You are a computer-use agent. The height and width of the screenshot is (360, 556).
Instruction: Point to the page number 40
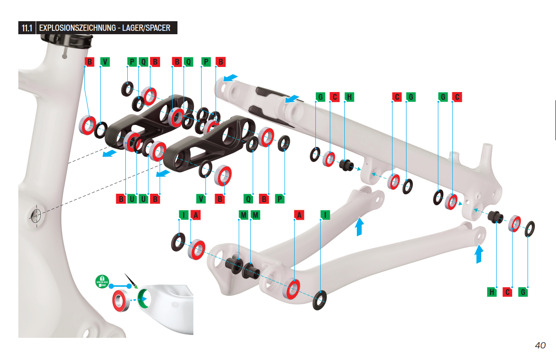[x=540, y=345]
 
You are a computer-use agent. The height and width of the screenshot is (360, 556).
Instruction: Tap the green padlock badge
[x=102, y=280]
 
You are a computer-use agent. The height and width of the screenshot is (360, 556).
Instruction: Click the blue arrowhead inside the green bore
[x=140, y=299]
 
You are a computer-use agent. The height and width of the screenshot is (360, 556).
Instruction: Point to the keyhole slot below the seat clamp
[x=65, y=54]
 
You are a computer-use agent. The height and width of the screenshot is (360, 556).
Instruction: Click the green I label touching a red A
[x=184, y=214]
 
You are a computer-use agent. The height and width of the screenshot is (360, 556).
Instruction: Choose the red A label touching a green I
[x=195, y=214]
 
